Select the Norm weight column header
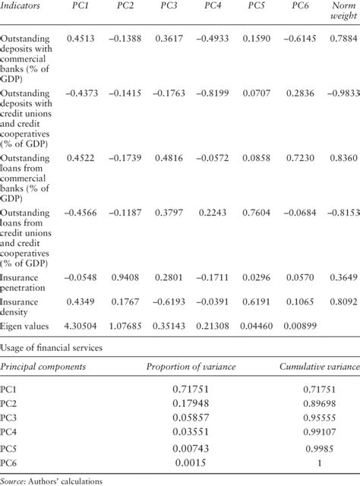click(340, 14)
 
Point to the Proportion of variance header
click(193, 368)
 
